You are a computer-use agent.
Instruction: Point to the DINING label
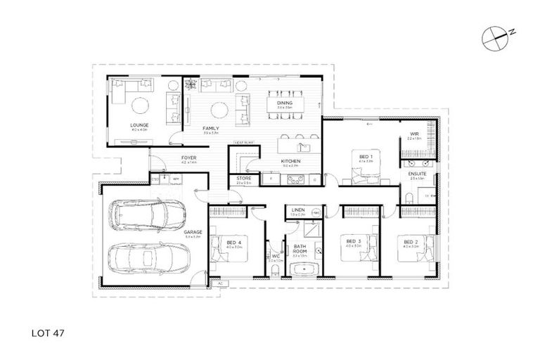coord(284,103)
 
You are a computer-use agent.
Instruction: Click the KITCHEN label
coord(291,162)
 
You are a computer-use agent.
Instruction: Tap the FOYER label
coord(188,157)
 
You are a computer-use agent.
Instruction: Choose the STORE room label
coord(244,179)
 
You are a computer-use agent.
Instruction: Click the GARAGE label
coord(193,232)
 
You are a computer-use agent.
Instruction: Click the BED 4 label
coord(234,243)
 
